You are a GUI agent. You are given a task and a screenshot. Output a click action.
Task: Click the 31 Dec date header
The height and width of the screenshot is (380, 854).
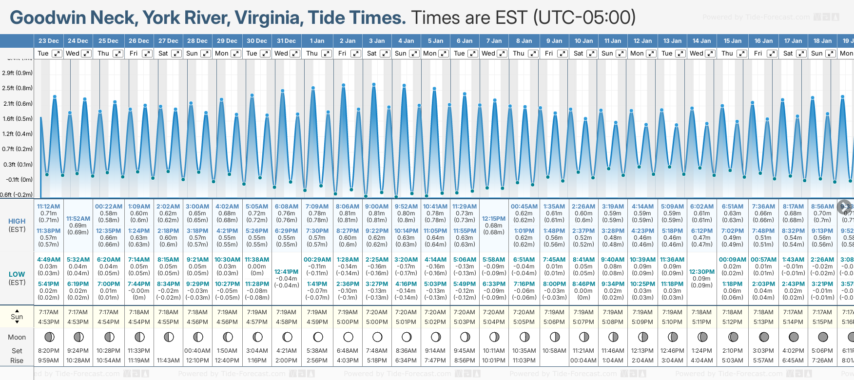[286, 41]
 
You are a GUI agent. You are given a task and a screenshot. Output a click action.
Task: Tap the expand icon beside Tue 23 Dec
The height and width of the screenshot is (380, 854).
[57, 54]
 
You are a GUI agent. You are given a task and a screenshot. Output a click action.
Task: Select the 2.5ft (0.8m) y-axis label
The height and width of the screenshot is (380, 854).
[18, 88]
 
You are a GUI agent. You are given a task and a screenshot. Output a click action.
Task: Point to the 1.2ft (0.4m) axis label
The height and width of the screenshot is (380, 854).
[18, 133]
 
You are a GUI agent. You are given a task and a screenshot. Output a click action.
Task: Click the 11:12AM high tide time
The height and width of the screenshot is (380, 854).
[49, 207]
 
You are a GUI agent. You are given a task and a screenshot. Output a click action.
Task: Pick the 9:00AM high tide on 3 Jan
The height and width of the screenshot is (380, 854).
[377, 207]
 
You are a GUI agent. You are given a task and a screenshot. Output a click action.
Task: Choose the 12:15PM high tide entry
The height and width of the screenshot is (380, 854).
[494, 219]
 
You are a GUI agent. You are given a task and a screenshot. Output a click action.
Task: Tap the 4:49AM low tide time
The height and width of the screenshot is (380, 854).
[49, 260]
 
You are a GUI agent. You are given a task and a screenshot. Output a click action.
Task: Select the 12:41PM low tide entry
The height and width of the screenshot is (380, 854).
[286, 272]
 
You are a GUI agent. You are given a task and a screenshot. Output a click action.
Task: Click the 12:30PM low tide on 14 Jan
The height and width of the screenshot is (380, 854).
[702, 272]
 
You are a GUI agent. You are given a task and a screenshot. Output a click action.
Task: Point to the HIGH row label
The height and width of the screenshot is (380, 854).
[17, 221]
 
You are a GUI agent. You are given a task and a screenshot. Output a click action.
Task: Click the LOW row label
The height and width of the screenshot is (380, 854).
[17, 274]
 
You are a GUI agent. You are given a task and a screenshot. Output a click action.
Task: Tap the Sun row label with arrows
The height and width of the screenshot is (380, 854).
[17, 317]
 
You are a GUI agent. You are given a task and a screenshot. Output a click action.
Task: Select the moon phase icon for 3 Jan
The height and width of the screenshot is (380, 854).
[377, 337]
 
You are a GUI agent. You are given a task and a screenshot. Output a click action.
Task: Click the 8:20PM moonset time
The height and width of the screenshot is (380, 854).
[49, 351]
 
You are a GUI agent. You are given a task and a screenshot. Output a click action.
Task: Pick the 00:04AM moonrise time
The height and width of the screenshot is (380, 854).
[583, 361]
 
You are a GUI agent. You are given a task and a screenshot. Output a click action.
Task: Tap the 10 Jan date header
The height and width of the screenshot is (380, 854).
[583, 41]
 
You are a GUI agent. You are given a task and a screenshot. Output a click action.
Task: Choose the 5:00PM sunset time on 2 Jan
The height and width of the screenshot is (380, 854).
[348, 322]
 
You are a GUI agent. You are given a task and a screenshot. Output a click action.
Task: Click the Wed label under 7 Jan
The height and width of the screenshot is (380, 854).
[488, 54]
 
